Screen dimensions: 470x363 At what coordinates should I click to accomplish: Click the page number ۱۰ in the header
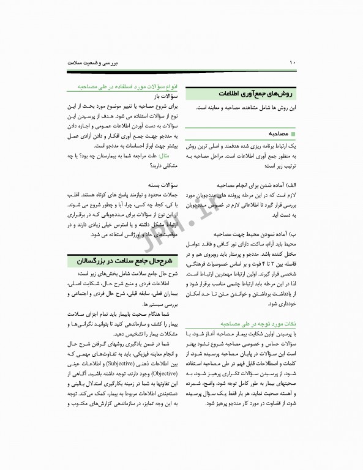point(293,62)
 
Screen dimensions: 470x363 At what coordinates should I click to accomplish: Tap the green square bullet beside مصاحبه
point(294,133)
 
